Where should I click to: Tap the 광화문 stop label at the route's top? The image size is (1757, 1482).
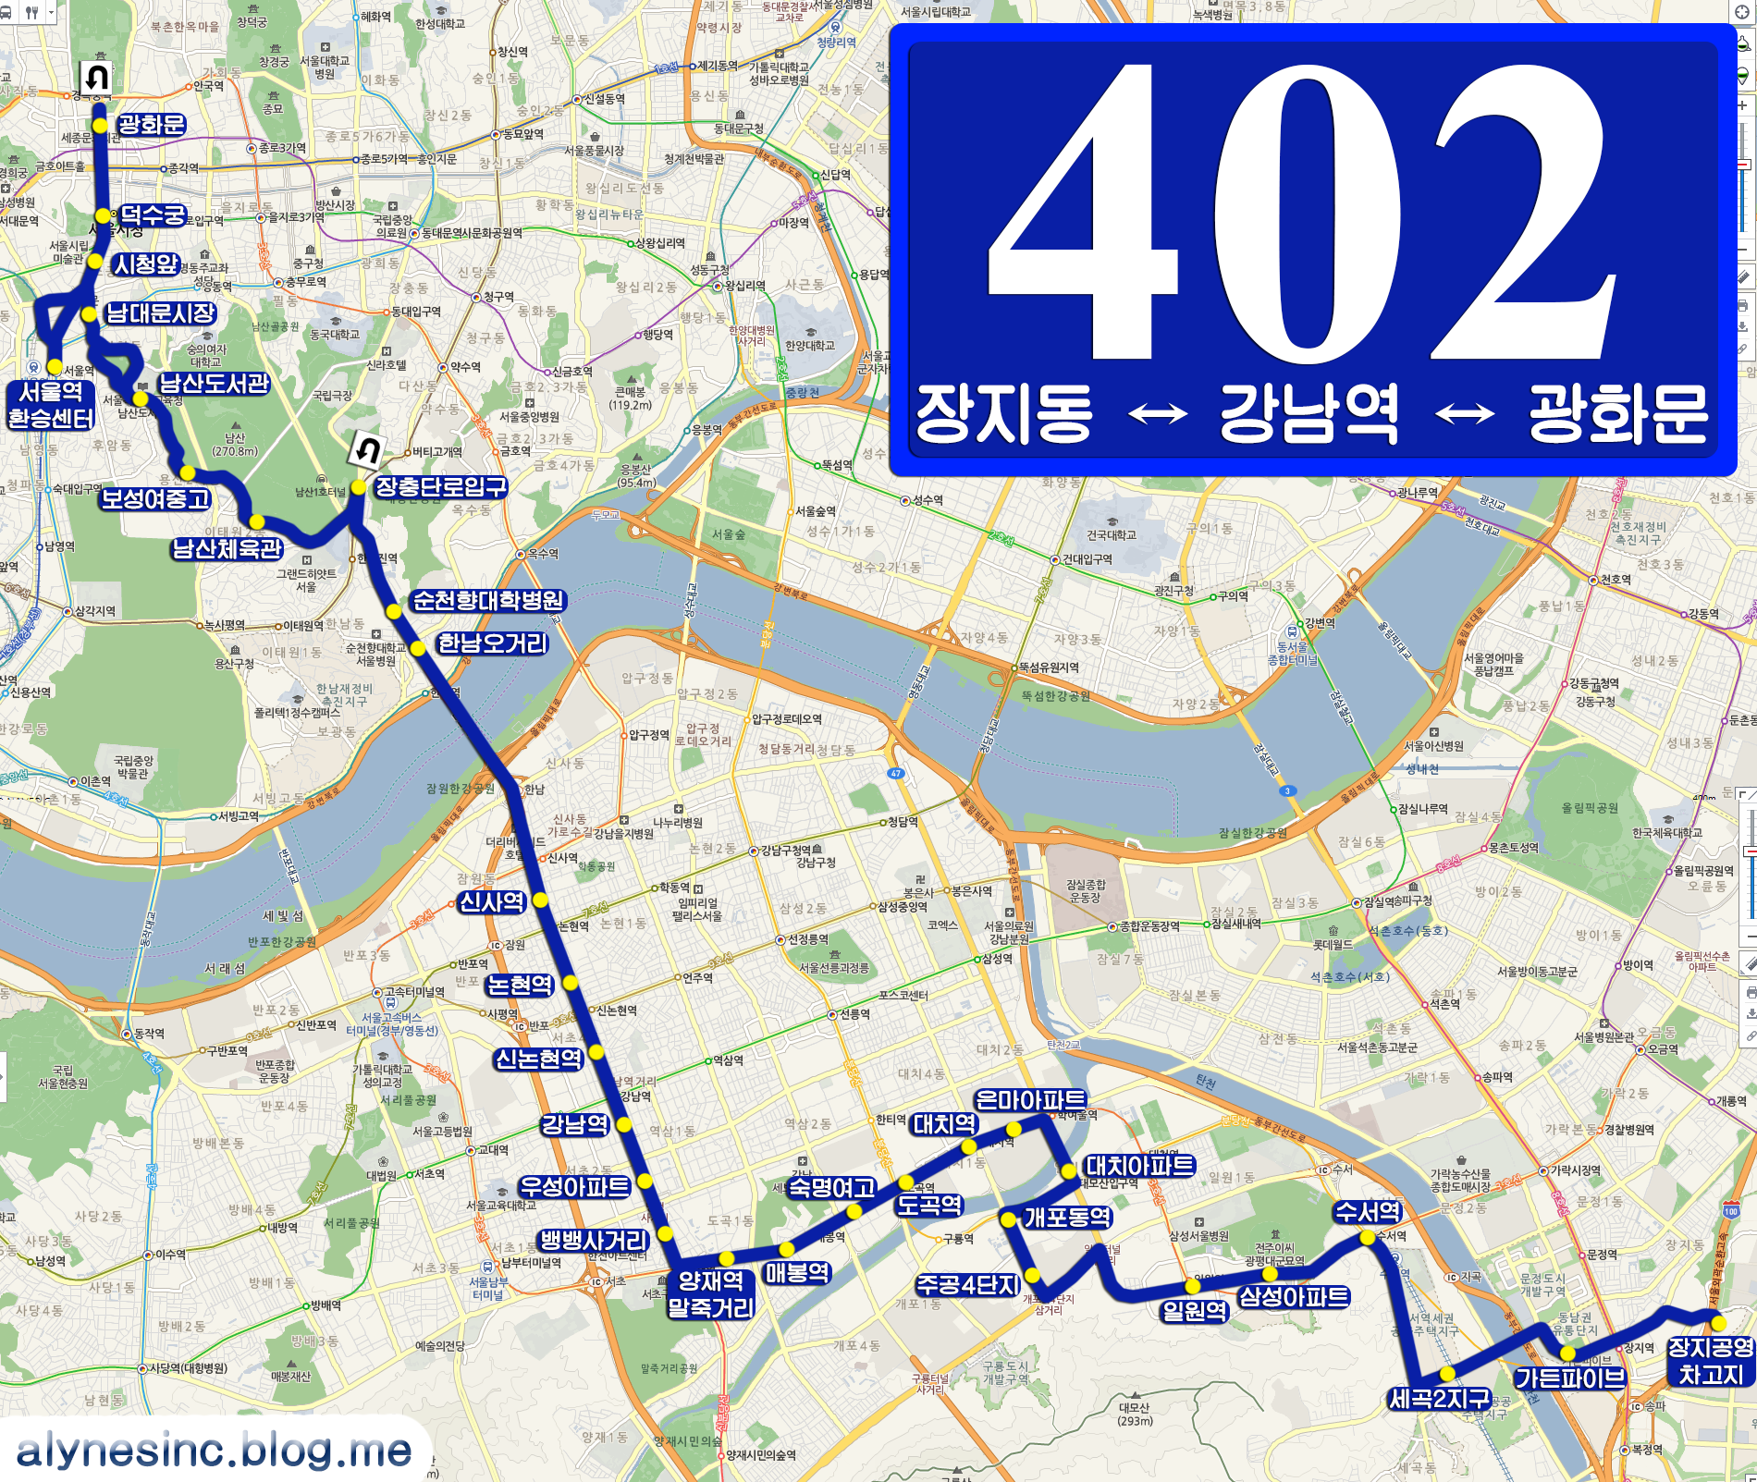point(152,125)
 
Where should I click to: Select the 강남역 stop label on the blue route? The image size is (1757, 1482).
point(575,1124)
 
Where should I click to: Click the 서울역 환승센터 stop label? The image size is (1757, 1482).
point(51,405)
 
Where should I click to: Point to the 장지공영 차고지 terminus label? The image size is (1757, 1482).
point(1710,1360)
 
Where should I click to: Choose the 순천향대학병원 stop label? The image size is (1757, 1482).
point(487,601)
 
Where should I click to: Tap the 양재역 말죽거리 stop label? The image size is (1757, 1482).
point(711,1293)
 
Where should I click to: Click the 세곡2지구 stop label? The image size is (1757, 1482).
point(1439,1399)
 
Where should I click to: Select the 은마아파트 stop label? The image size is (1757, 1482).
point(1031,1099)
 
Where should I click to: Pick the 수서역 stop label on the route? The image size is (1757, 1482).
point(1368,1211)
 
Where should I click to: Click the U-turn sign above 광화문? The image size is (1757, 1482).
point(96,78)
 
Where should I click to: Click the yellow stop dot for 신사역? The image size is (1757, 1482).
point(540,900)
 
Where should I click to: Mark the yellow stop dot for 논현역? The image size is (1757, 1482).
point(570,982)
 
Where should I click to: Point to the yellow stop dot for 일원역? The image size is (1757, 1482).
point(1193,1286)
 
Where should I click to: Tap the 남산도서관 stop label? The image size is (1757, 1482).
point(214,383)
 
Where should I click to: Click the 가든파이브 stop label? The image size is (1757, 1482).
point(1569,1378)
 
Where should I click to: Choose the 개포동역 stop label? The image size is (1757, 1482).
point(1068,1217)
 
